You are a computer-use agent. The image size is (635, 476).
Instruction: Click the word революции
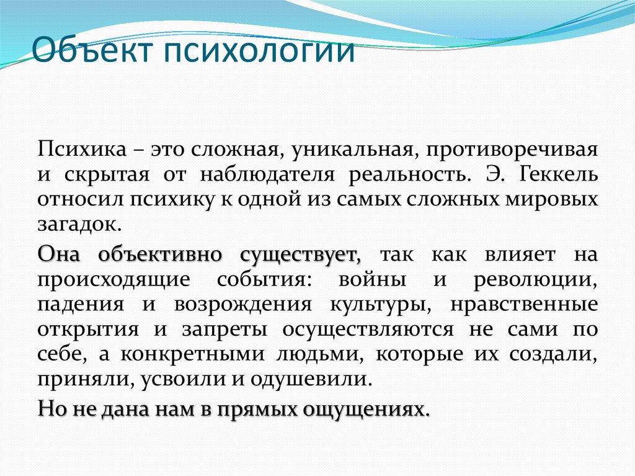[536, 280]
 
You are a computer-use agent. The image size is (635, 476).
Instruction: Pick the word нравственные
[525, 305]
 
